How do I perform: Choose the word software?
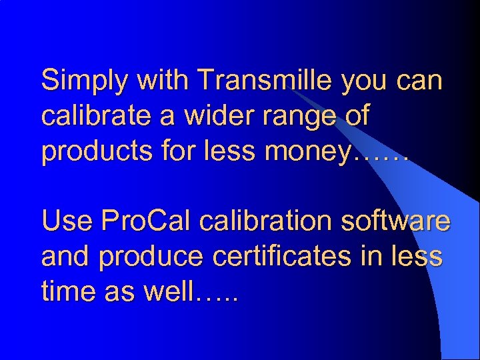393,221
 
